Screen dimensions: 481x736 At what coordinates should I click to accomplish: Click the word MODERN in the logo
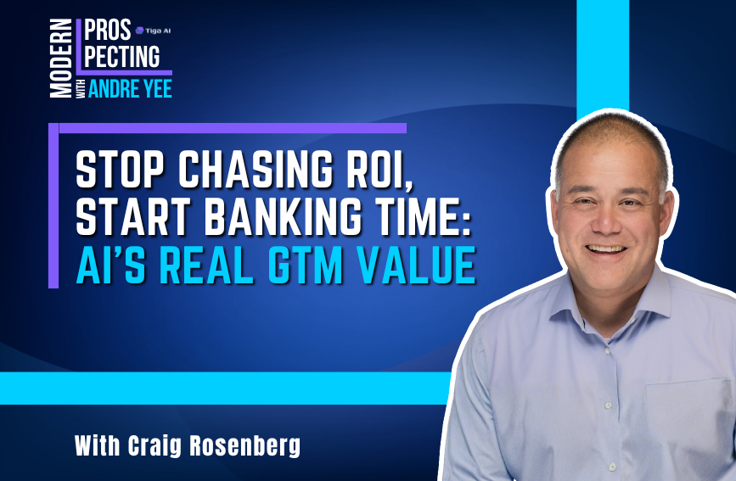(61, 59)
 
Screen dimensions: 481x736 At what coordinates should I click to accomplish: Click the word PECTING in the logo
(121, 57)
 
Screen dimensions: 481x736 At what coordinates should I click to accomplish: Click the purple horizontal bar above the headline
(229, 128)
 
